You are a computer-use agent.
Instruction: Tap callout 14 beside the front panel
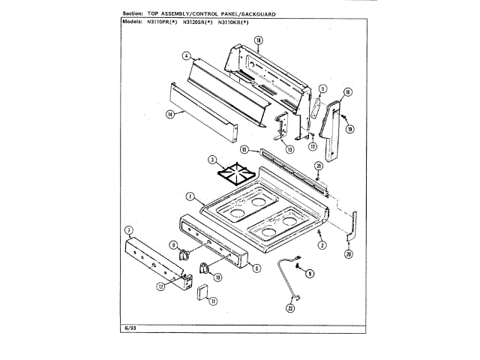click(x=169, y=114)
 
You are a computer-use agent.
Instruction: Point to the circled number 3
click(x=212, y=159)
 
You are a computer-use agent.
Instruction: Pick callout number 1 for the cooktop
click(x=190, y=196)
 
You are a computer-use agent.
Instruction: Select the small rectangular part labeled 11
click(x=202, y=291)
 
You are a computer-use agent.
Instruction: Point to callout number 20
click(x=349, y=253)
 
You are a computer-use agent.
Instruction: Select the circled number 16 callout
click(x=346, y=93)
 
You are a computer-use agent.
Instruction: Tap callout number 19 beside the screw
click(x=350, y=128)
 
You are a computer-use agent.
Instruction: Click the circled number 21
click(x=318, y=165)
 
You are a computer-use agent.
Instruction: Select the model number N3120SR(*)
click(x=194, y=21)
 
